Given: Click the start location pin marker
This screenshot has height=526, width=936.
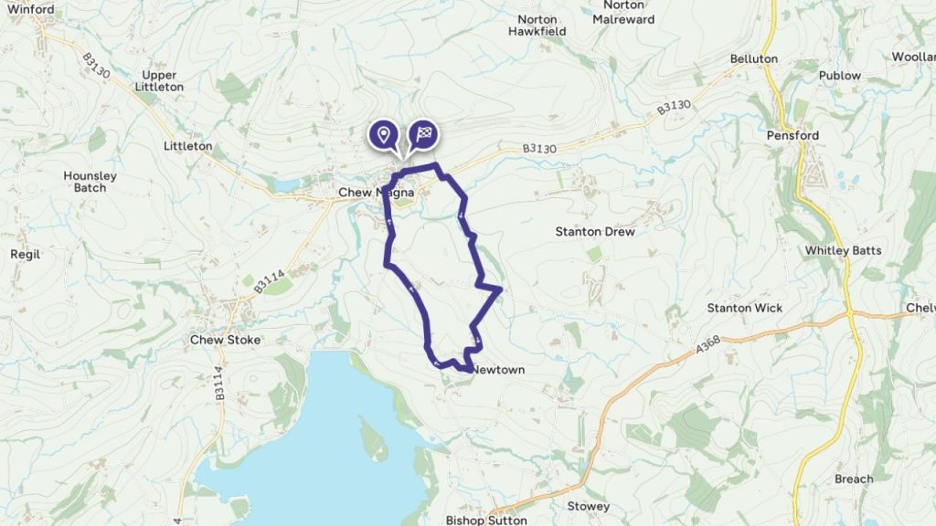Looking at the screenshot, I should [385, 135].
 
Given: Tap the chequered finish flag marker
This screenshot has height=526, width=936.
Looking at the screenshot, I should [422, 135].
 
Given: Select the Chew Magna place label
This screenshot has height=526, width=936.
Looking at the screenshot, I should [377, 193].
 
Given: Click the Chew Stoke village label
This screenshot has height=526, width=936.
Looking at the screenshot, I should [225, 340].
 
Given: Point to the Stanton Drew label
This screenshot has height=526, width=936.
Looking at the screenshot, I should [595, 232].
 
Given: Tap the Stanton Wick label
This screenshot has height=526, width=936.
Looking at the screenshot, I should [744, 309].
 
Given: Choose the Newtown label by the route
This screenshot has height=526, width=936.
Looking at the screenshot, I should [500, 370].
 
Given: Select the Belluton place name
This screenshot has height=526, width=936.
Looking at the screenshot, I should [753, 59].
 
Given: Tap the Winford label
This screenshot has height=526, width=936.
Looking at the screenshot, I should [30, 10].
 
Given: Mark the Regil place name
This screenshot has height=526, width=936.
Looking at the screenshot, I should [25, 255].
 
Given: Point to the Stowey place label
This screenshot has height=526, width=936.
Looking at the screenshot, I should [588, 507].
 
